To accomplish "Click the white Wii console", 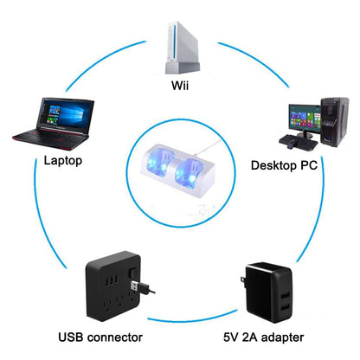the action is coord(182,48).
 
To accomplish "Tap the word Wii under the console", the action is coord(180,86).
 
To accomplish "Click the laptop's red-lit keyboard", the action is coord(49,137).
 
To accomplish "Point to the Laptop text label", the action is coord(63,160).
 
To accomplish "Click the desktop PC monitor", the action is coord(305,119).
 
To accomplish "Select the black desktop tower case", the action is coord(335,122).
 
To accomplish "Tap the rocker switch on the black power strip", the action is coord(132,273).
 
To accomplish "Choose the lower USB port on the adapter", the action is coord(285,309).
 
